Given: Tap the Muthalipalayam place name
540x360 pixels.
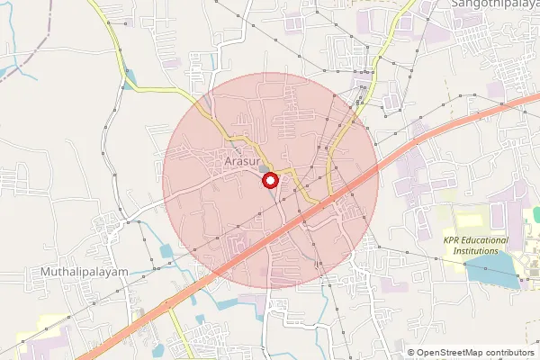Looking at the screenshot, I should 84,271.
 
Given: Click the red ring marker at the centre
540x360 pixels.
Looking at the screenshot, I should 269,181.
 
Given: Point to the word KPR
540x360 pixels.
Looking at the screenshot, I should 453,240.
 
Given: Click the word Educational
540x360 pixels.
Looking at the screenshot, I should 487,240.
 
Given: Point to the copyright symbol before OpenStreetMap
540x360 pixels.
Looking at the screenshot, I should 411,352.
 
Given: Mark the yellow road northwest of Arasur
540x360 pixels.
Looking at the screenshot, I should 162,90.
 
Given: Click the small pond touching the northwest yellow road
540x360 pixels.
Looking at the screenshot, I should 131,76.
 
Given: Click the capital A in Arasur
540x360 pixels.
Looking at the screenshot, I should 229,163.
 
